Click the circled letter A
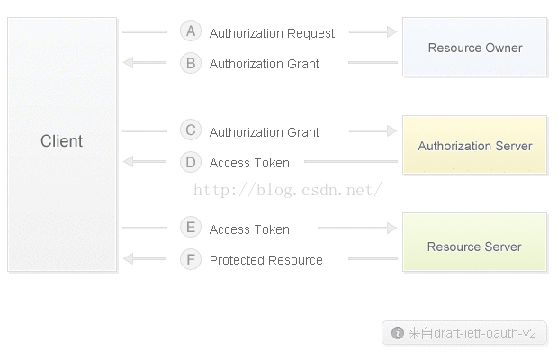click(191, 31)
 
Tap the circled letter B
click(191, 63)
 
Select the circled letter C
click(191, 130)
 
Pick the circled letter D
click(191, 162)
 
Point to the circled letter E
click(191, 227)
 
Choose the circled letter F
click(191, 259)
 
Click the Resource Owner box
click(474, 47)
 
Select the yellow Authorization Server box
click(474, 145)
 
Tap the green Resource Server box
click(474, 242)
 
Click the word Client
click(61, 141)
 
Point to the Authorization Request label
click(272, 33)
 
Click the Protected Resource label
click(266, 260)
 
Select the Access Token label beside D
click(249, 163)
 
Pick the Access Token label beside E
click(249, 229)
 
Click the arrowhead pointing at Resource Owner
click(392, 31)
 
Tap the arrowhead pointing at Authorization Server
click(392, 130)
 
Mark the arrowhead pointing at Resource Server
click(392, 228)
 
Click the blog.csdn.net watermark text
click(287, 190)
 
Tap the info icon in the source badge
click(398, 333)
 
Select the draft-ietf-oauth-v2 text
click(485, 333)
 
